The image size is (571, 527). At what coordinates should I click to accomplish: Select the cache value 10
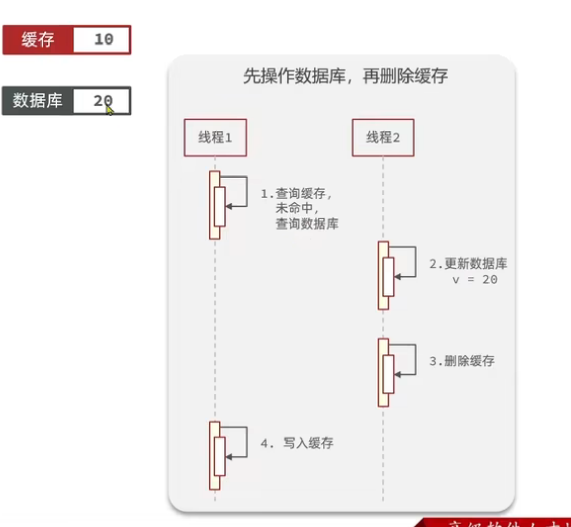coord(103,40)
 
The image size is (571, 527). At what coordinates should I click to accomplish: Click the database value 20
coord(102,101)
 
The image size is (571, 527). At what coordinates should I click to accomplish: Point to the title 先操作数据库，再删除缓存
coord(345,76)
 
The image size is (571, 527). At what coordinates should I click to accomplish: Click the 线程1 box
coord(215,138)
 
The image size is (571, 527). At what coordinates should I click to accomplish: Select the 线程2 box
coord(383,138)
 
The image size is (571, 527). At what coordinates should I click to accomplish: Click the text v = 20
coord(474,279)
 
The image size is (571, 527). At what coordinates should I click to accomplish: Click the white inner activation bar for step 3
coord(388,374)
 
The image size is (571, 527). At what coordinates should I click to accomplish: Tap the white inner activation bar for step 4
coord(219,456)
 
